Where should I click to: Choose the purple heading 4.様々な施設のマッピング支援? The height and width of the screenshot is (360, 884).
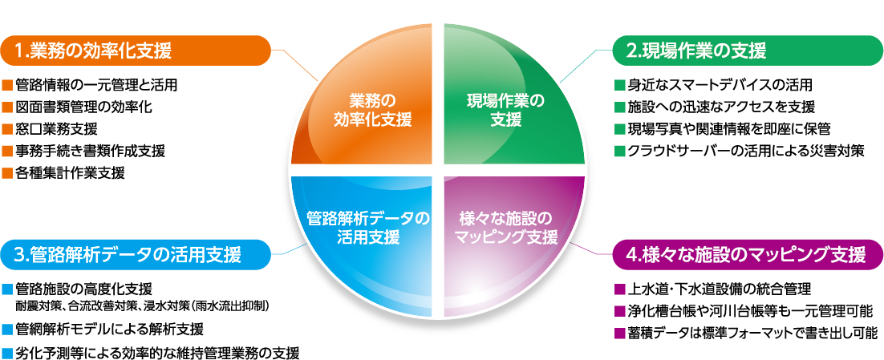point(746,255)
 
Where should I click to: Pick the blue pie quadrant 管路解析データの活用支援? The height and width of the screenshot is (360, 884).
point(368,227)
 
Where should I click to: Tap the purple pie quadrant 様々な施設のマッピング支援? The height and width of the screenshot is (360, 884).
point(505,227)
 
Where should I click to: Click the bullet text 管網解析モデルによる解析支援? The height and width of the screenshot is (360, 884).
point(108,330)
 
